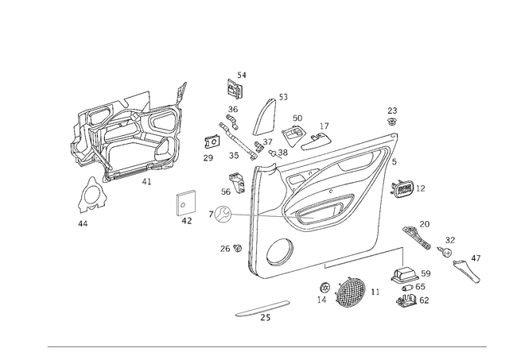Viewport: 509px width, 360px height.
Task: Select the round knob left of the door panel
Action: coord(222,214)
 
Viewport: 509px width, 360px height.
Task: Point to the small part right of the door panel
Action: coord(407,189)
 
